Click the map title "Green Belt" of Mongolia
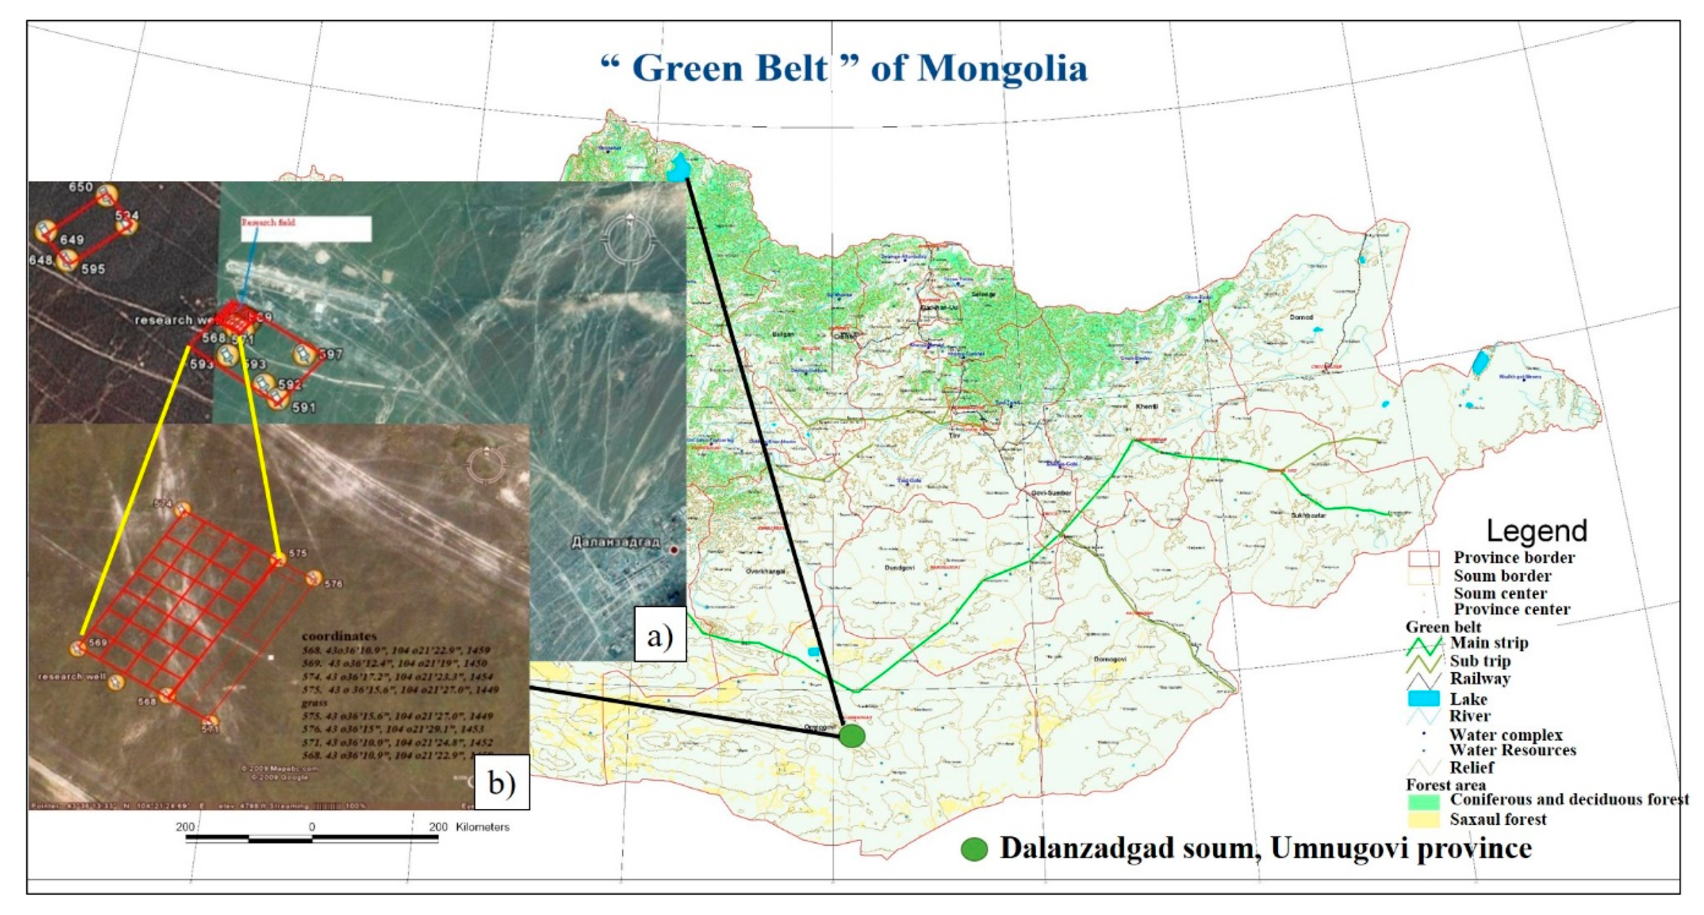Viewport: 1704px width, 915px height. click(844, 68)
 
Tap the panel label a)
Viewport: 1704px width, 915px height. click(660, 637)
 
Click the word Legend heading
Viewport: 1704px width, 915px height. click(1536, 531)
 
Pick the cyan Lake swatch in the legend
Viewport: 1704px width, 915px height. click(1424, 699)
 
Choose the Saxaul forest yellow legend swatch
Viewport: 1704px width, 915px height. click(1424, 820)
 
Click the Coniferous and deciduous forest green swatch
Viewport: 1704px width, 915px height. click(1424, 801)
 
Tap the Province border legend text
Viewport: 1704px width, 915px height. click(1513, 558)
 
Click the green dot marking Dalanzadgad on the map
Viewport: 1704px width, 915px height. click(852, 736)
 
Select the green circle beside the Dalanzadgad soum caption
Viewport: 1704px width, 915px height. click(974, 850)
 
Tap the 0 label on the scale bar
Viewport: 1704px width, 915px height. click(312, 827)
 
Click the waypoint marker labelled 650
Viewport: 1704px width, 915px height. click(106, 195)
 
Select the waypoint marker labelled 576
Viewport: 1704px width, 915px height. click(313, 578)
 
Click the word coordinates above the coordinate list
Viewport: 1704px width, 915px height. click(339, 637)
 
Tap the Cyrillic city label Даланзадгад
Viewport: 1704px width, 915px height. click(615, 543)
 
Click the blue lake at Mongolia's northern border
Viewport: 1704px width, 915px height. click(678, 168)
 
